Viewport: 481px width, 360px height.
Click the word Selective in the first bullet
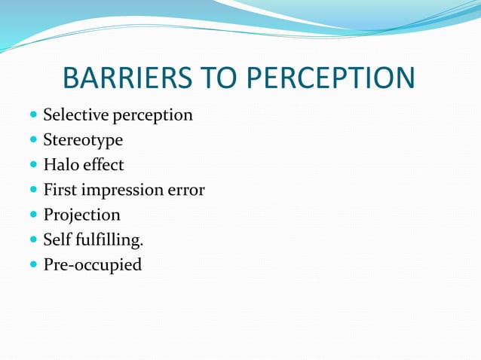(x=75, y=115)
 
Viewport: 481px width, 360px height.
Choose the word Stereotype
(x=83, y=141)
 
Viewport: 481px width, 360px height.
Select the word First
(x=60, y=190)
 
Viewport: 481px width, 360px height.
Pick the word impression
(x=122, y=191)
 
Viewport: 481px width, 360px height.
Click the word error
(x=187, y=191)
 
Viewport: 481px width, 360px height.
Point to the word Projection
(x=81, y=215)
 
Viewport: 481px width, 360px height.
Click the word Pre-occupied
(x=92, y=265)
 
